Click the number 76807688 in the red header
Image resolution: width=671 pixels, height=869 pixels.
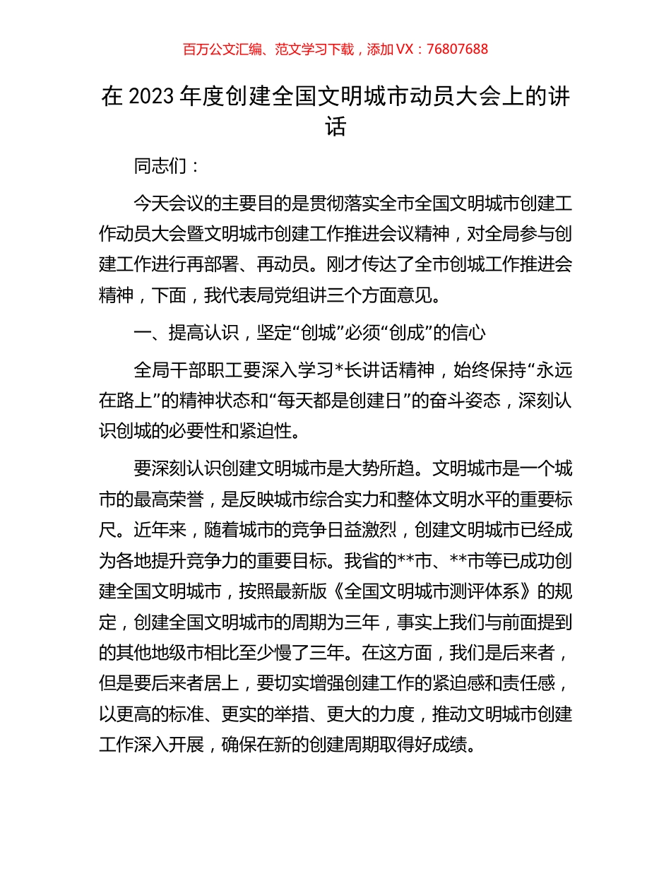[457, 49]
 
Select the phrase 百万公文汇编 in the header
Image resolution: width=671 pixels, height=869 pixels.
[218, 49]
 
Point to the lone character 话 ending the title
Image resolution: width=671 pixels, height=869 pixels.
[335, 127]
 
